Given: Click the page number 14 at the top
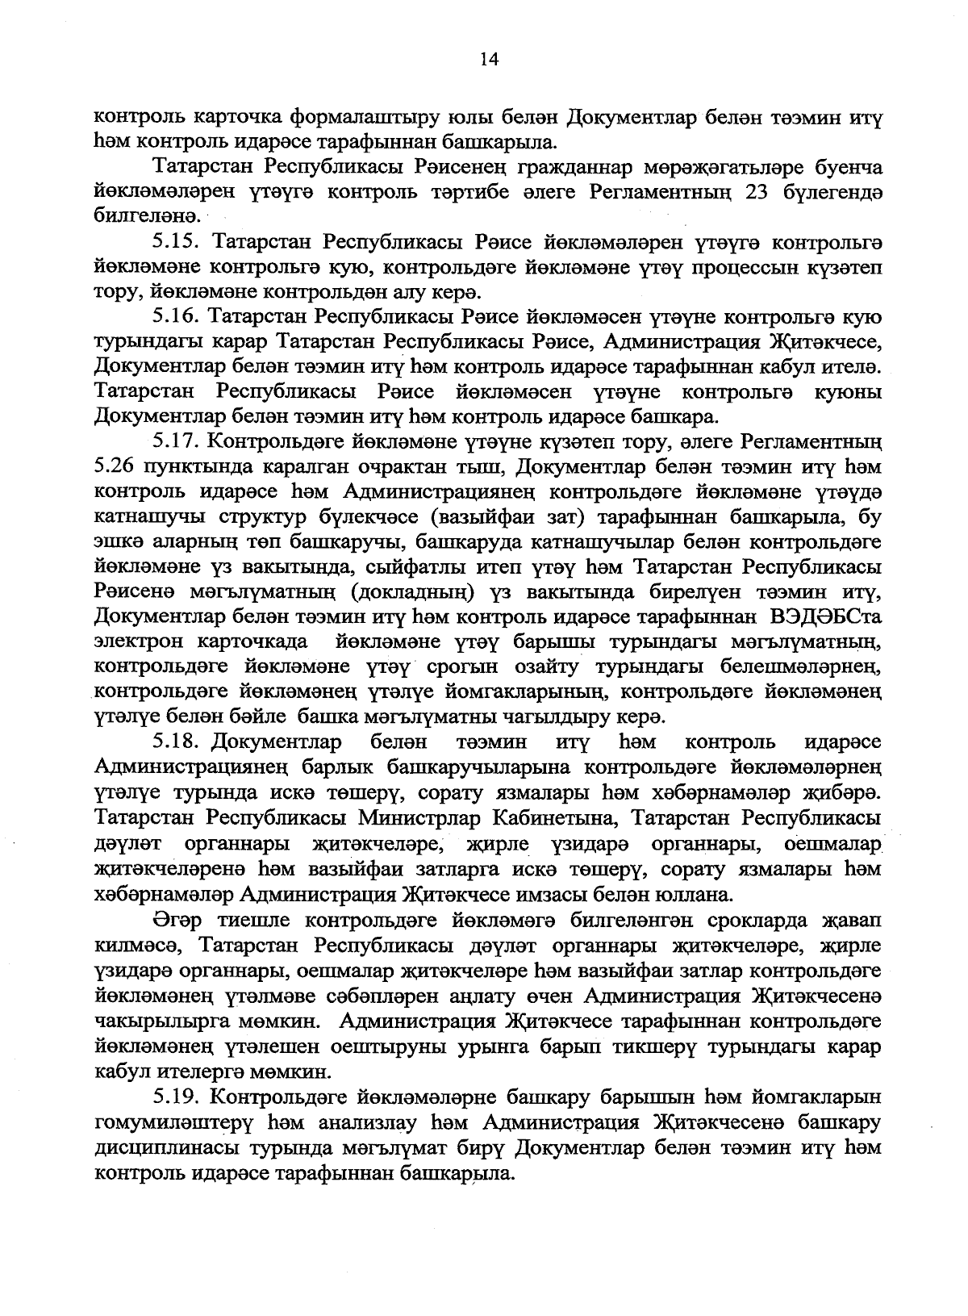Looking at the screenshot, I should pyautogui.click(x=490, y=57).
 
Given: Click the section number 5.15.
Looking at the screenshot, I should pyautogui.click(x=177, y=242).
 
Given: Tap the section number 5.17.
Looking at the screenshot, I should pyautogui.click(x=177, y=442).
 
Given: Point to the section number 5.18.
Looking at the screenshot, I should pyautogui.click(x=177, y=741).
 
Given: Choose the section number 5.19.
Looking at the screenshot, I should pyautogui.click(x=177, y=1097).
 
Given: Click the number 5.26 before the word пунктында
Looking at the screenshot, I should pyautogui.click(x=114, y=467).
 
